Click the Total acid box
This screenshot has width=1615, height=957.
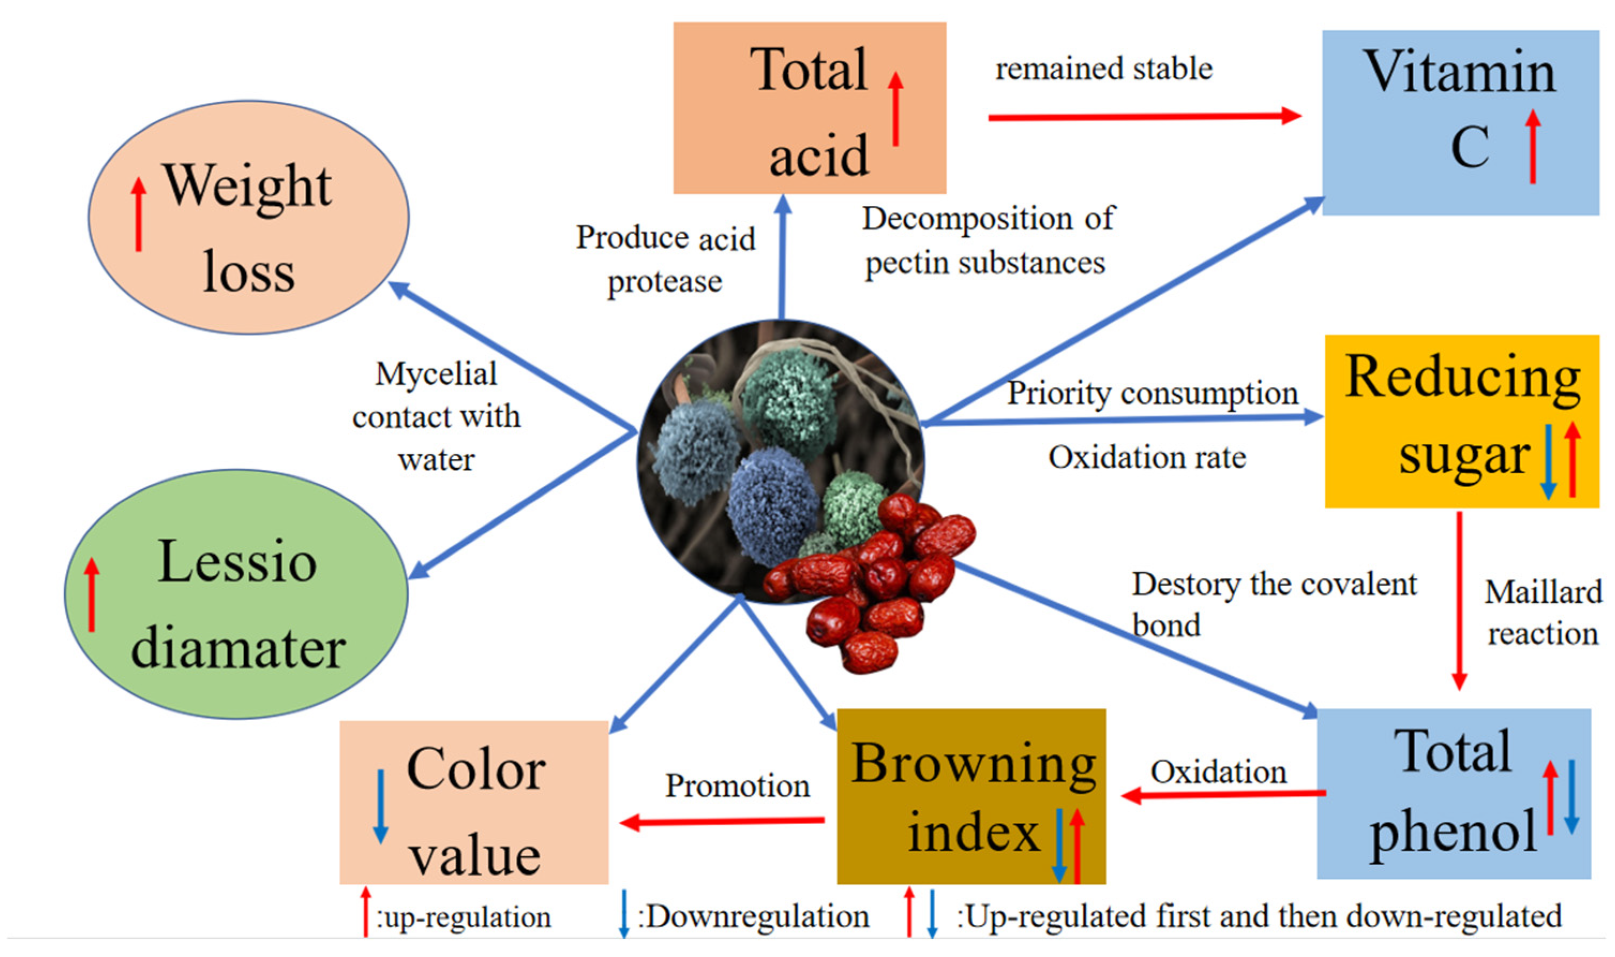click(809, 108)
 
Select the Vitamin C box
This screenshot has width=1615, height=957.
click(1460, 123)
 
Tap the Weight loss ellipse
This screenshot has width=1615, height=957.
click(248, 218)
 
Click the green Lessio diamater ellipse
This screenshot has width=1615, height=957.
click(237, 593)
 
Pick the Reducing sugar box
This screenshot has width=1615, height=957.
click(1461, 421)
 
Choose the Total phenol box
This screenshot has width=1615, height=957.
click(1453, 792)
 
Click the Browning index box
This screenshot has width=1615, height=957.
click(971, 796)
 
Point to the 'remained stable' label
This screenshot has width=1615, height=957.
click(1103, 69)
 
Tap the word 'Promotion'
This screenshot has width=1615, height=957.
click(737, 786)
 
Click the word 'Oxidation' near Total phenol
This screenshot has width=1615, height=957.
click(1218, 772)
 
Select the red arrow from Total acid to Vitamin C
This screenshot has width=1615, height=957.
click(1144, 117)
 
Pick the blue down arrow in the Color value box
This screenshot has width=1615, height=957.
click(380, 806)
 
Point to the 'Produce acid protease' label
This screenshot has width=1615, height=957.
click(665, 259)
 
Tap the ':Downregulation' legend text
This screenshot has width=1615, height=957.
click(753, 916)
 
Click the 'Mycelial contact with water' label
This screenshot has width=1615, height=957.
click(437, 416)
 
